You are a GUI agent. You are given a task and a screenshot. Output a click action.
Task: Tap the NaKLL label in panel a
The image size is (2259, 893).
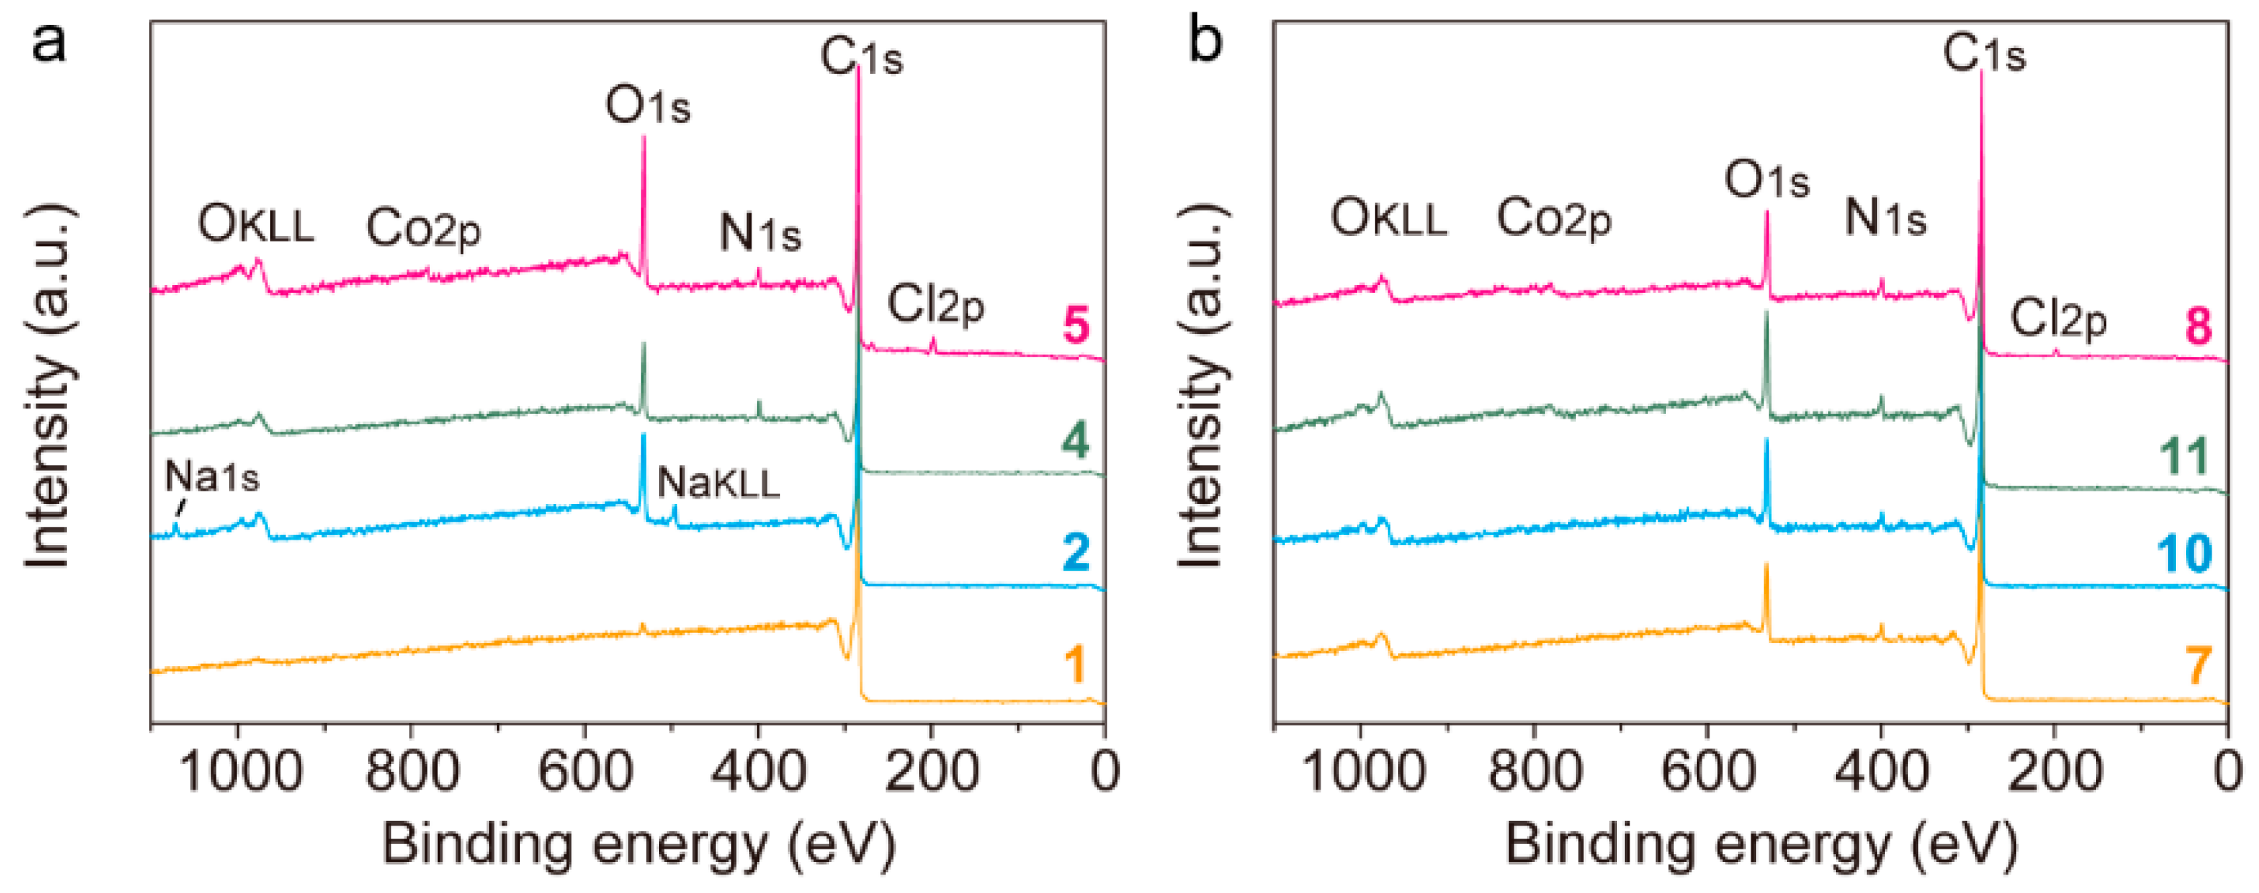718,483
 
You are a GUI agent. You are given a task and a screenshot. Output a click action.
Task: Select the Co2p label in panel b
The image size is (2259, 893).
1554,218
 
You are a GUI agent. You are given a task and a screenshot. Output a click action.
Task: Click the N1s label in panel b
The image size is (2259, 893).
1886,217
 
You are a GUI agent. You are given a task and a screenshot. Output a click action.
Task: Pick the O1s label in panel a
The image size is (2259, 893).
648,107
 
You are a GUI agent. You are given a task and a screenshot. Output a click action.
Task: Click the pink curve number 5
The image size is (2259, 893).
1076,325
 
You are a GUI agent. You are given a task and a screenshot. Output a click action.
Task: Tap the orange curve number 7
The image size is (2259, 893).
2198,665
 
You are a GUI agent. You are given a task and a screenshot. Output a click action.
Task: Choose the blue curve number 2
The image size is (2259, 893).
1076,553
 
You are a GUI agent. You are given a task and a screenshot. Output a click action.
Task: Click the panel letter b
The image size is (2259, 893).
1205,40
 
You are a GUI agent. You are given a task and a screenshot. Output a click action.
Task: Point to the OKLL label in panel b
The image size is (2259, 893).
1388,218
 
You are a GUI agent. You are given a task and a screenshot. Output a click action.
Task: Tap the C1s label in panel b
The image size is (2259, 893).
1984,54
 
